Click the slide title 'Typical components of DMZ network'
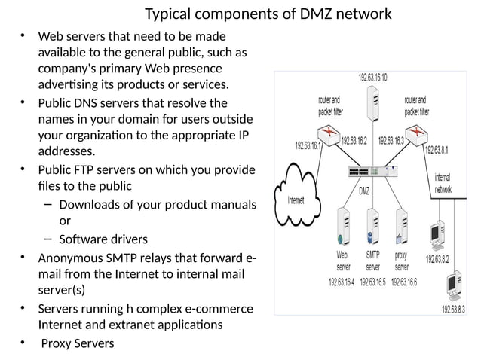point(268,14)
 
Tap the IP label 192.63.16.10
point(372,78)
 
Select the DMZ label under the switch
point(364,190)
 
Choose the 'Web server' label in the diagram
point(343,261)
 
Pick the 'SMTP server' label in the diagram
point(373,261)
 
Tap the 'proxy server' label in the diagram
point(402,261)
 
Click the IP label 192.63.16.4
point(342,282)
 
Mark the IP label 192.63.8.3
point(455,309)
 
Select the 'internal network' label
point(443,185)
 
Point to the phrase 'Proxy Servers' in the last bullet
point(77,343)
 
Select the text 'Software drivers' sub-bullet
point(103,239)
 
